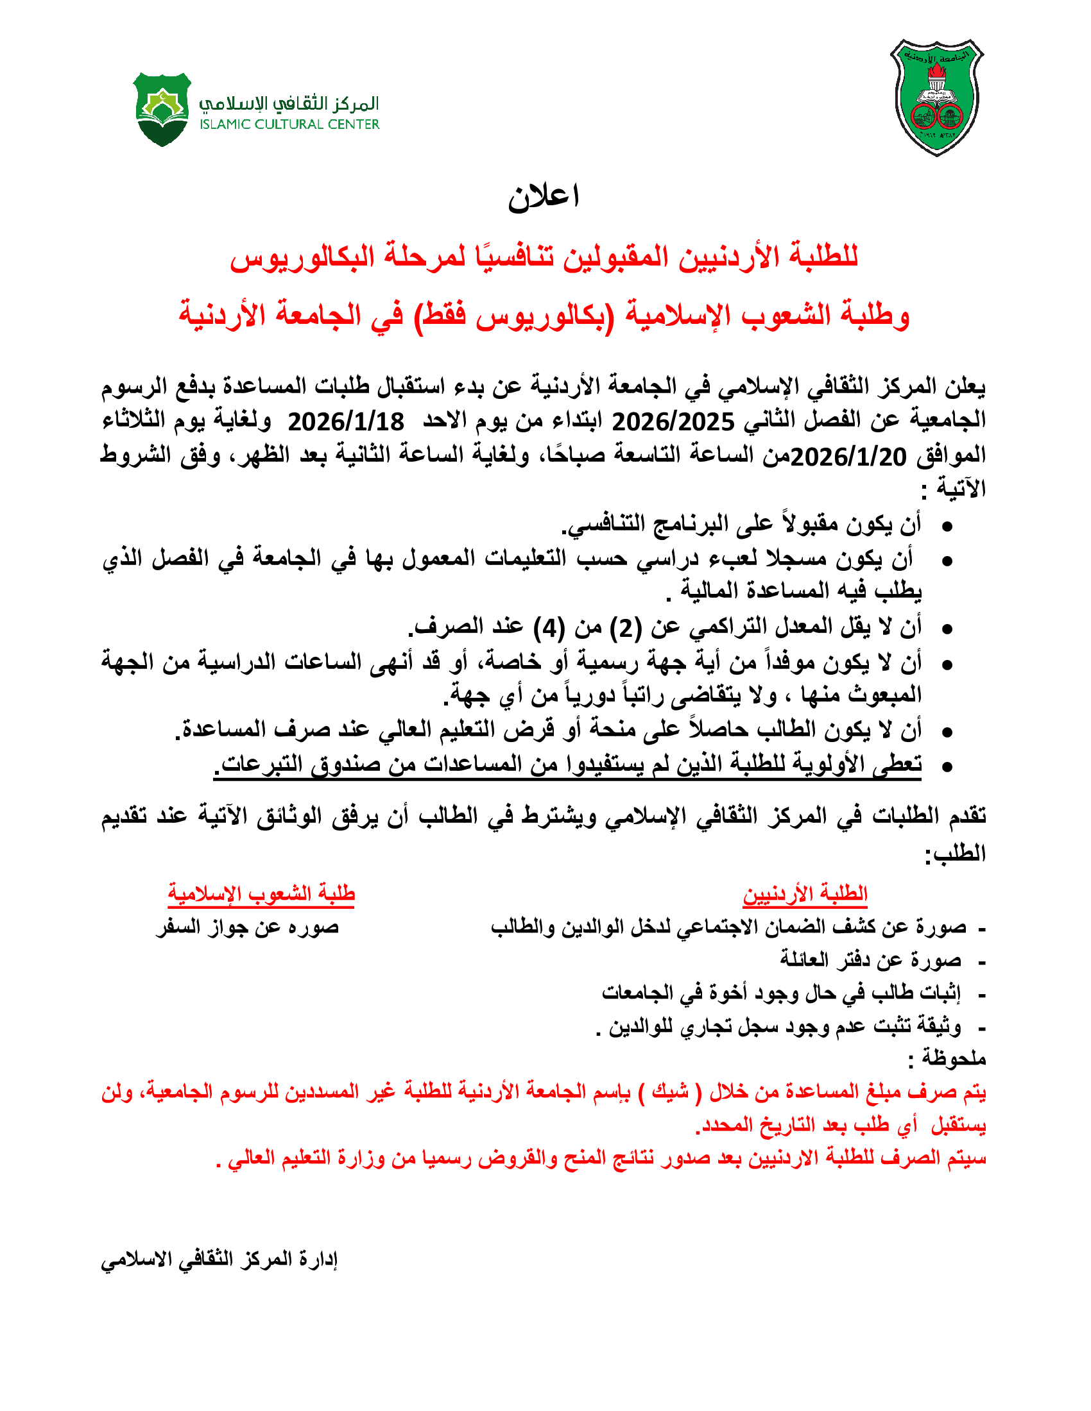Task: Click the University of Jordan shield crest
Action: (936, 97)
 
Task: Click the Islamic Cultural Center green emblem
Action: (162, 109)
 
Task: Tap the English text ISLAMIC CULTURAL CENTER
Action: (289, 124)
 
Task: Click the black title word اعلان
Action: (544, 196)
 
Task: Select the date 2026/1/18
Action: (346, 422)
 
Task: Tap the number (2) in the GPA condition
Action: (626, 627)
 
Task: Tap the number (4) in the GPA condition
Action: (549, 627)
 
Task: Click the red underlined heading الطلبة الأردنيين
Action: (805, 893)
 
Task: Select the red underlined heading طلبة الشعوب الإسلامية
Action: (261, 893)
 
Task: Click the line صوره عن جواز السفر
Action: (248, 928)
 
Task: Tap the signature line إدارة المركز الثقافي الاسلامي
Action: (219, 1259)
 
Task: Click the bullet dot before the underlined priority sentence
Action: (947, 767)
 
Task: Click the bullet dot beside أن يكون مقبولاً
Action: (947, 527)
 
